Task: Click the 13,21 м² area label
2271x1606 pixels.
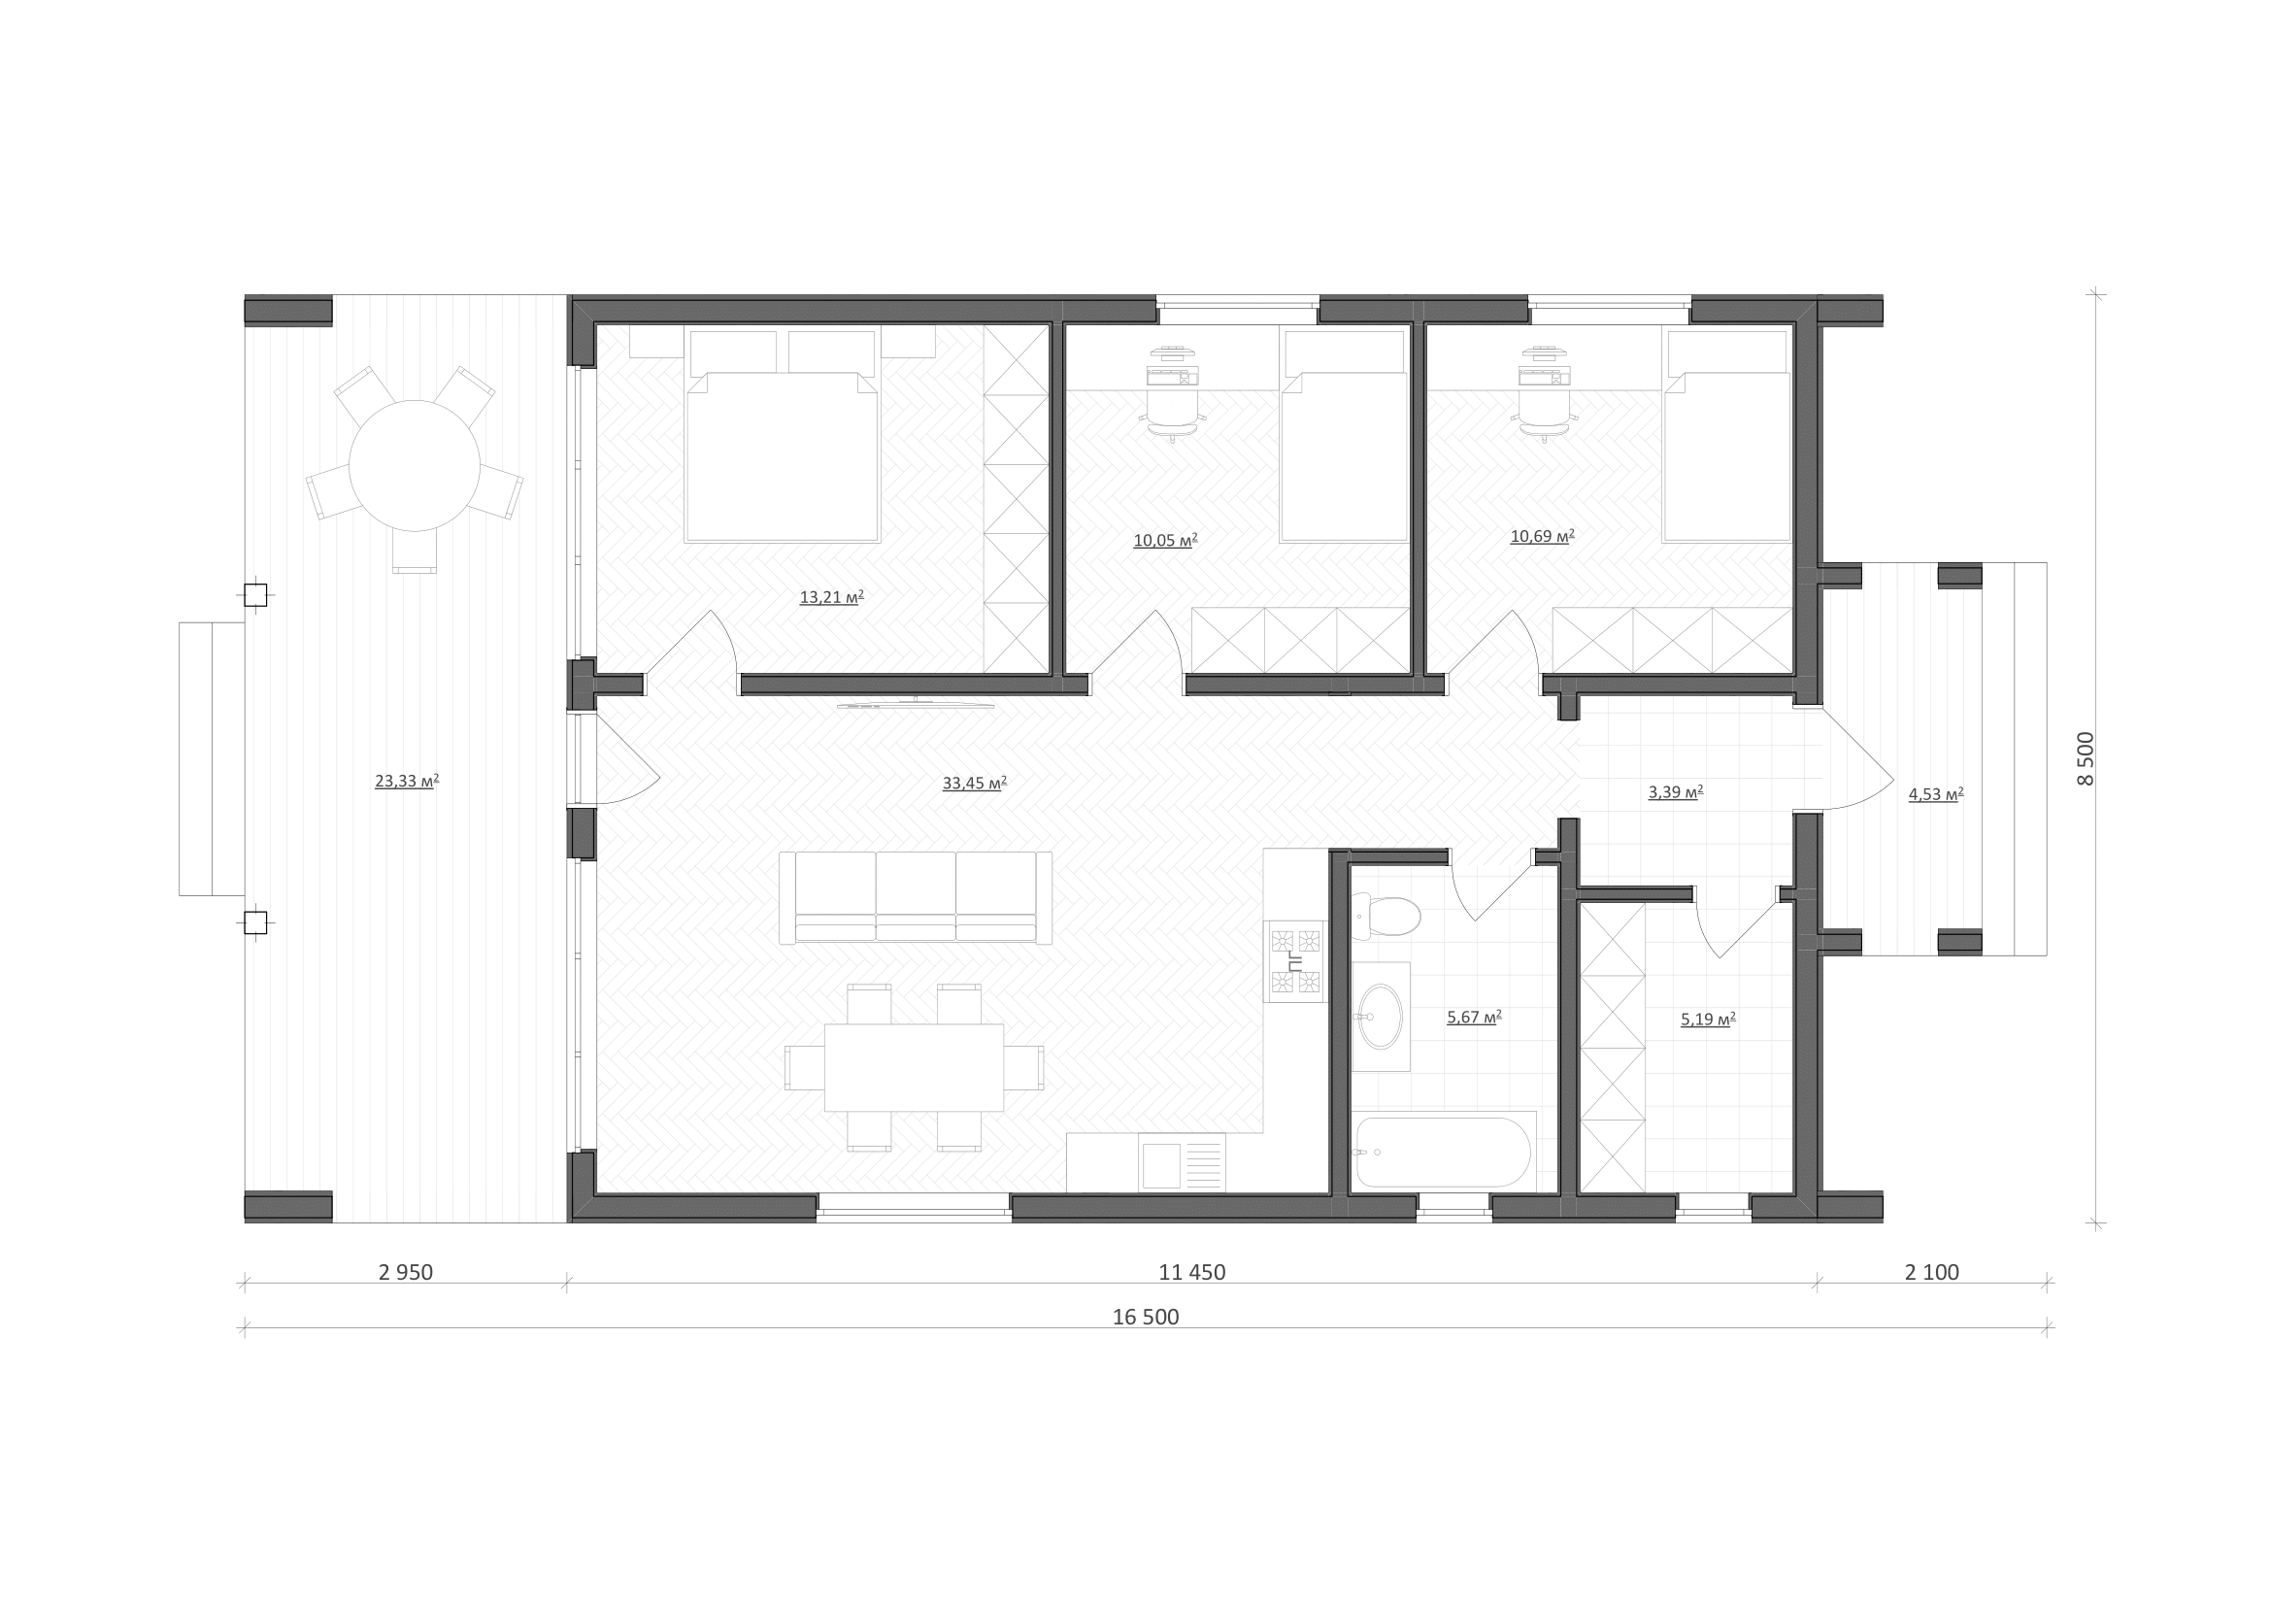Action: click(x=832, y=597)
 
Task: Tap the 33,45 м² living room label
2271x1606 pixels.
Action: click(x=974, y=784)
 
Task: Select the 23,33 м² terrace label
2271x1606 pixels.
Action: click(x=407, y=782)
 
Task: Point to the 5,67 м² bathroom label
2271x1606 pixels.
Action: click(x=1474, y=1017)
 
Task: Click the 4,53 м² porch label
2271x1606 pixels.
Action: click(x=1936, y=793)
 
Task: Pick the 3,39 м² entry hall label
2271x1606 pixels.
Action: click(x=1676, y=792)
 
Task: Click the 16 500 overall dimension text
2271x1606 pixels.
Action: click(x=1146, y=1318)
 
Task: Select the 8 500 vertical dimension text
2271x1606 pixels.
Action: click(x=2085, y=758)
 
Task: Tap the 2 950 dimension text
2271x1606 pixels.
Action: click(x=406, y=1273)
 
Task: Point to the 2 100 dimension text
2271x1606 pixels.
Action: click(x=1932, y=1273)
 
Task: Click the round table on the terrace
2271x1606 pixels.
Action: click(x=415, y=466)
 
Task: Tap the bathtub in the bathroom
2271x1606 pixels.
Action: click(x=1443, y=1153)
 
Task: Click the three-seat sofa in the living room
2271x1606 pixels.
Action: click(x=915, y=898)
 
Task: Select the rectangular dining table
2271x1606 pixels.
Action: click(x=914, y=1068)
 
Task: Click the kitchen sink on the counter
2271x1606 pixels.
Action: click(x=1161, y=1165)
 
